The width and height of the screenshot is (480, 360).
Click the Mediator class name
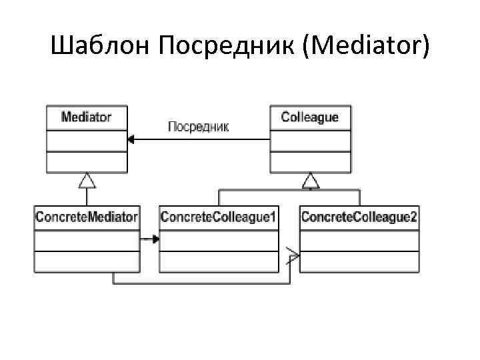87,118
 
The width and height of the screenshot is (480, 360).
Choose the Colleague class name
310,118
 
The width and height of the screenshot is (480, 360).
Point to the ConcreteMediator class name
87,217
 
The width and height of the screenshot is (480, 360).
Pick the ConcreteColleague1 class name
219,217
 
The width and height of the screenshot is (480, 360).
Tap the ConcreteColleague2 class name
359,217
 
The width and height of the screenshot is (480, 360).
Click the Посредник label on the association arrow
198,127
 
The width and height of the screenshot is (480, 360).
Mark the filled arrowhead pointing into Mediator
131,139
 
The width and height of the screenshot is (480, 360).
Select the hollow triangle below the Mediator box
87,179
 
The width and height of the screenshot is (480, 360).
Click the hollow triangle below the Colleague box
311,179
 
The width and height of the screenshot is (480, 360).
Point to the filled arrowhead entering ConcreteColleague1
155,239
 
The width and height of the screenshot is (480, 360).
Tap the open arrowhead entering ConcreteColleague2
294,253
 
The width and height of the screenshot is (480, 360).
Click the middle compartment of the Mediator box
87,141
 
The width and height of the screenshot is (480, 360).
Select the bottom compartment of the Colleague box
310,161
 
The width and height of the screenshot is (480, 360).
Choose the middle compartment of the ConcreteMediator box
87,241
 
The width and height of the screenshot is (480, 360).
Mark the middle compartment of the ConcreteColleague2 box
359,241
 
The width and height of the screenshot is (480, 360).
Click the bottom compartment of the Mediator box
87,161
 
